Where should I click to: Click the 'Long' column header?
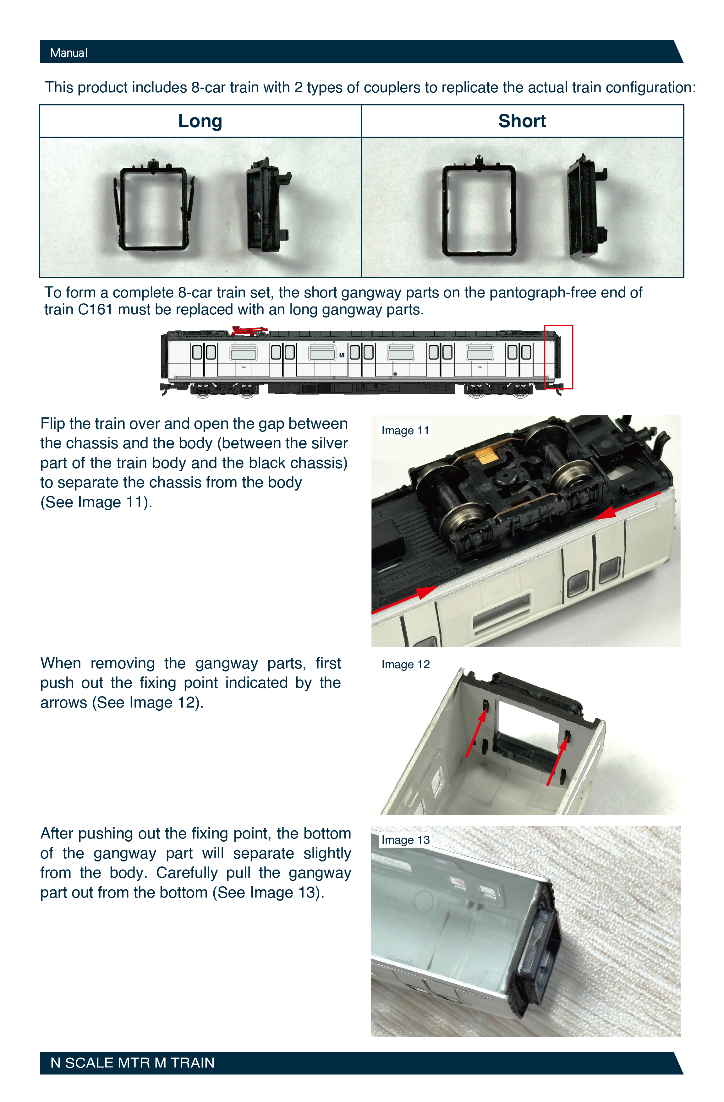pyautogui.click(x=200, y=121)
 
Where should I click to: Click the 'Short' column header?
pyautogui.click(x=522, y=121)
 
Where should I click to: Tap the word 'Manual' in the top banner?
pyautogui.click(x=69, y=53)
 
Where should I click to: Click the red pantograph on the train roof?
pyautogui.click(x=249, y=330)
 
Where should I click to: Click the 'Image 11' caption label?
pyautogui.click(x=405, y=431)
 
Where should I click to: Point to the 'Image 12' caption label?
pyautogui.click(x=405, y=665)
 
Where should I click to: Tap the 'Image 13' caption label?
pyautogui.click(x=405, y=840)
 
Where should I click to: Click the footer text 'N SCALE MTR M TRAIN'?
pyautogui.click(x=133, y=1063)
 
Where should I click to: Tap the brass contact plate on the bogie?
pyautogui.click(x=486, y=457)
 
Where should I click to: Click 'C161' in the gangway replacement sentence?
pyautogui.click(x=95, y=309)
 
